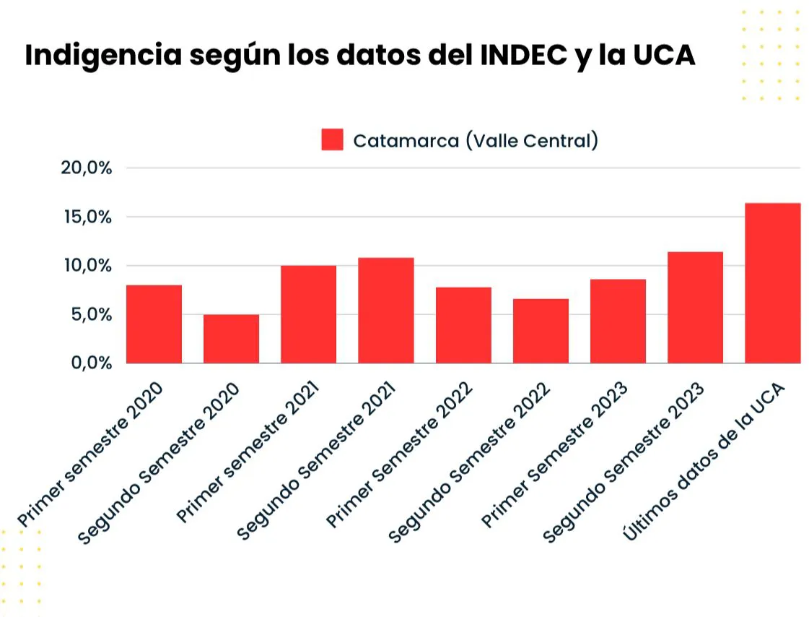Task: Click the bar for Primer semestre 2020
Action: pos(154,324)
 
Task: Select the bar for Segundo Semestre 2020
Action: pos(231,339)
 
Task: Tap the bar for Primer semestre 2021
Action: pos(308,314)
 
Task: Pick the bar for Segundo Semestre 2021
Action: pos(385,311)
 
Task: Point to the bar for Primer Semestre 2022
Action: pos(463,325)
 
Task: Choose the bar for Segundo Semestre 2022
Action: pos(541,331)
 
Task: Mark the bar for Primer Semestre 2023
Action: pos(618,322)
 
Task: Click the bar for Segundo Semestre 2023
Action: pos(695,308)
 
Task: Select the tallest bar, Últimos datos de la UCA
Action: pos(772,283)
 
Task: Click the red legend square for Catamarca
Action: pos(332,140)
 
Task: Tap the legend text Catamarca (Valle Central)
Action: pos(475,140)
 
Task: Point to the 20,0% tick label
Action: pos(87,168)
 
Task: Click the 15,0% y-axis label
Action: pos(87,217)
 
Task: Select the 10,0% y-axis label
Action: pos(87,266)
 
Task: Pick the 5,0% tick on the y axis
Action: pos(90,314)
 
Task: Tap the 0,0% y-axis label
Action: pos(90,363)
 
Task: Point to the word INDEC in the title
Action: pos(521,56)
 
